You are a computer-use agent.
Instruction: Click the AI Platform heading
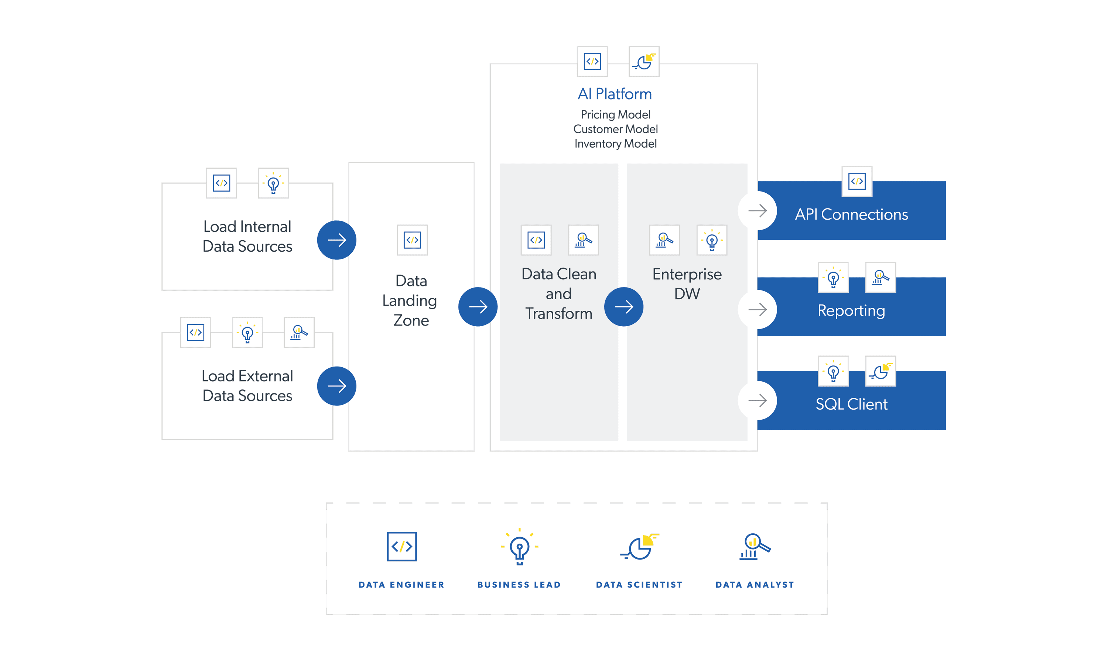(x=615, y=94)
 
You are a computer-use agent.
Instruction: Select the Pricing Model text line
(x=616, y=114)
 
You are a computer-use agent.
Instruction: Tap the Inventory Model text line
(x=616, y=144)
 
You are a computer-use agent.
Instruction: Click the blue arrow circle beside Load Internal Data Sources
(x=336, y=240)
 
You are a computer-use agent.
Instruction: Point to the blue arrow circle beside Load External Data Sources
(x=336, y=386)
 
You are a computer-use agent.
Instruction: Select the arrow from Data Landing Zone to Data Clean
(x=478, y=306)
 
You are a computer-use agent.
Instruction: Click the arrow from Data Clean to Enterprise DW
(x=623, y=306)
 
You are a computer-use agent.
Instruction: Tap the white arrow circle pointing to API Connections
(x=757, y=211)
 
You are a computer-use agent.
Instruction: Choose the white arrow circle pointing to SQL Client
(x=757, y=400)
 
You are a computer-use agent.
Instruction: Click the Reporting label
(x=851, y=310)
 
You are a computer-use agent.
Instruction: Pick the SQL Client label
(x=851, y=404)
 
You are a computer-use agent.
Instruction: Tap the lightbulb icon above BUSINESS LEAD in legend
(x=519, y=547)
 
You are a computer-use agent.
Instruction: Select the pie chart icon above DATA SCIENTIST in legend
(x=639, y=547)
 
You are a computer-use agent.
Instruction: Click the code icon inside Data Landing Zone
(x=412, y=240)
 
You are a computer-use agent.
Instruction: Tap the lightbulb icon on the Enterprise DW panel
(x=712, y=240)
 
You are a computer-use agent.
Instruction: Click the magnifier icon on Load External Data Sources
(x=299, y=332)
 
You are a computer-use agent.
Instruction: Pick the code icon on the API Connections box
(x=856, y=181)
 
